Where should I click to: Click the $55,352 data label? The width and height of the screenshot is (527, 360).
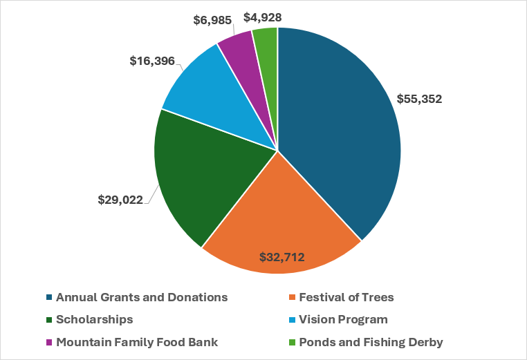tap(419, 98)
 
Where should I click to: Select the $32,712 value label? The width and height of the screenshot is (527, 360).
tap(282, 258)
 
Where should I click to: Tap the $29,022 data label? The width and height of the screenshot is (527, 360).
tap(120, 200)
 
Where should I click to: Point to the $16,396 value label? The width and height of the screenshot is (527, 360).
tap(152, 61)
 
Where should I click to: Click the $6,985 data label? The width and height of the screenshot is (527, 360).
tap(212, 21)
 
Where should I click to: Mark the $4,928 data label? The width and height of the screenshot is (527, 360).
tap(262, 17)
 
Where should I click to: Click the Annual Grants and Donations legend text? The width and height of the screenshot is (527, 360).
tap(142, 298)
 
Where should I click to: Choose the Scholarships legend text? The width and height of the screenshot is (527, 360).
tap(95, 320)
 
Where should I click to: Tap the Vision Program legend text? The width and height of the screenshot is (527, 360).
tap(342, 320)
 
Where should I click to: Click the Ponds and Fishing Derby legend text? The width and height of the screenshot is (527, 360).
tap(370, 342)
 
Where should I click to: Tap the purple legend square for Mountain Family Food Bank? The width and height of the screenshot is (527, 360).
tap(49, 342)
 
